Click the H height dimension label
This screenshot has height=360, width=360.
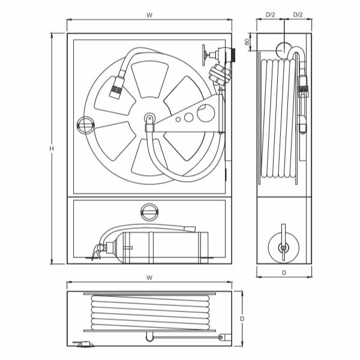(x=52, y=149)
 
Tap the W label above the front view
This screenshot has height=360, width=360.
(x=149, y=15)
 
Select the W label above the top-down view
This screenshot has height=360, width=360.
(x=149, y=278)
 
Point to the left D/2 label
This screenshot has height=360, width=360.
(x=270, y=14)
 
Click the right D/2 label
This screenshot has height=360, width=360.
(x=298, y=14)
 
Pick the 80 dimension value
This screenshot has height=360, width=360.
(x=247, y=42)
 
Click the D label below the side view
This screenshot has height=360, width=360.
(x=284, y=273)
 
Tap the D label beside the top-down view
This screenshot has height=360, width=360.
(x=242, y=319)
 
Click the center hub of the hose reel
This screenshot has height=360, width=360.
(x=149, y=119)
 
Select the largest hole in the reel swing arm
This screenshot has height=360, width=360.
(x=206, y=113)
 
